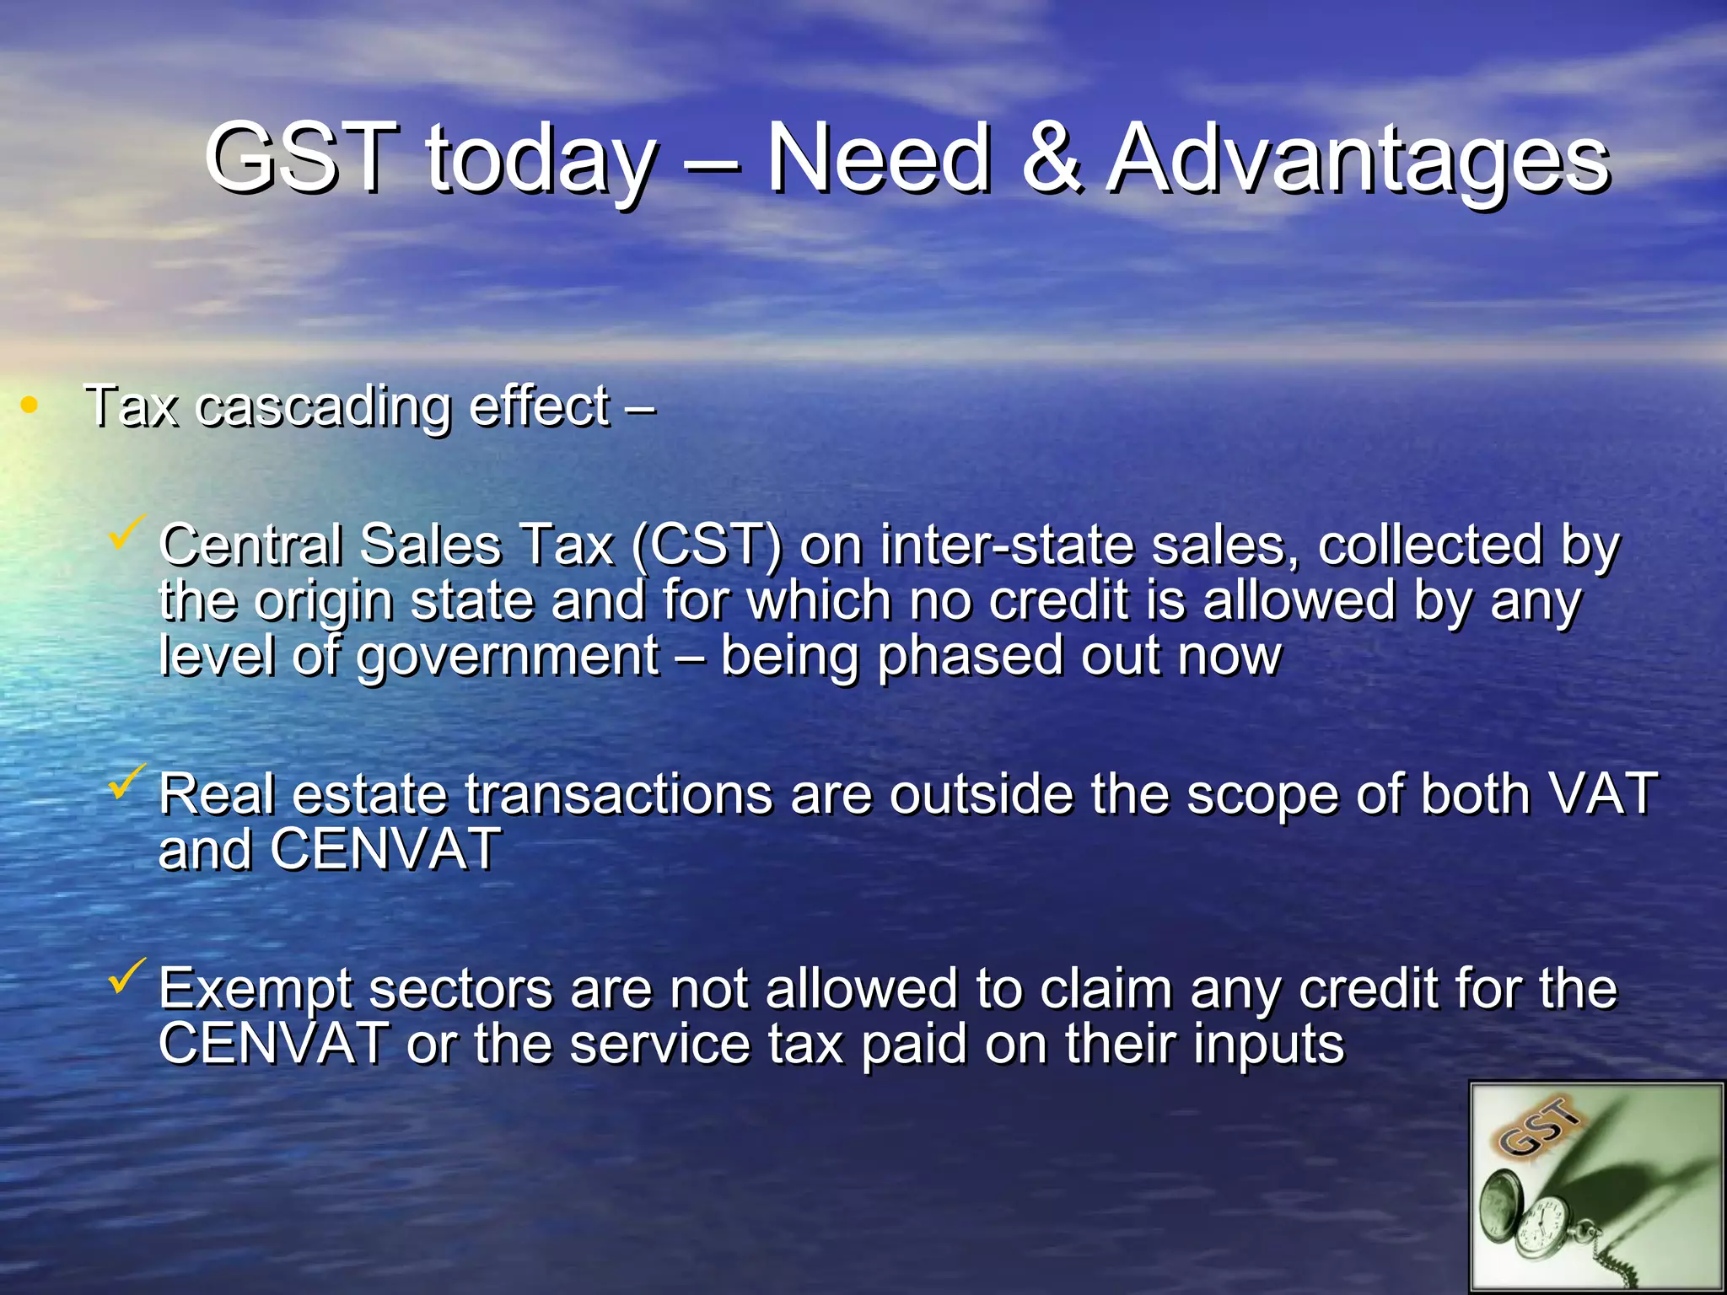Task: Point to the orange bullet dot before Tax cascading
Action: (x=30, y=406)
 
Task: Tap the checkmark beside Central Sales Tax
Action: (x=128, y=533)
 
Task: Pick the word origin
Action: (x=324, y=604)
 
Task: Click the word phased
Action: (x=970, y=658)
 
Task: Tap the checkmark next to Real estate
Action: (x=128, y=782)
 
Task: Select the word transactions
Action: (x=619, y=794)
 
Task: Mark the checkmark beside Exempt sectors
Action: (x=128, y=975)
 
